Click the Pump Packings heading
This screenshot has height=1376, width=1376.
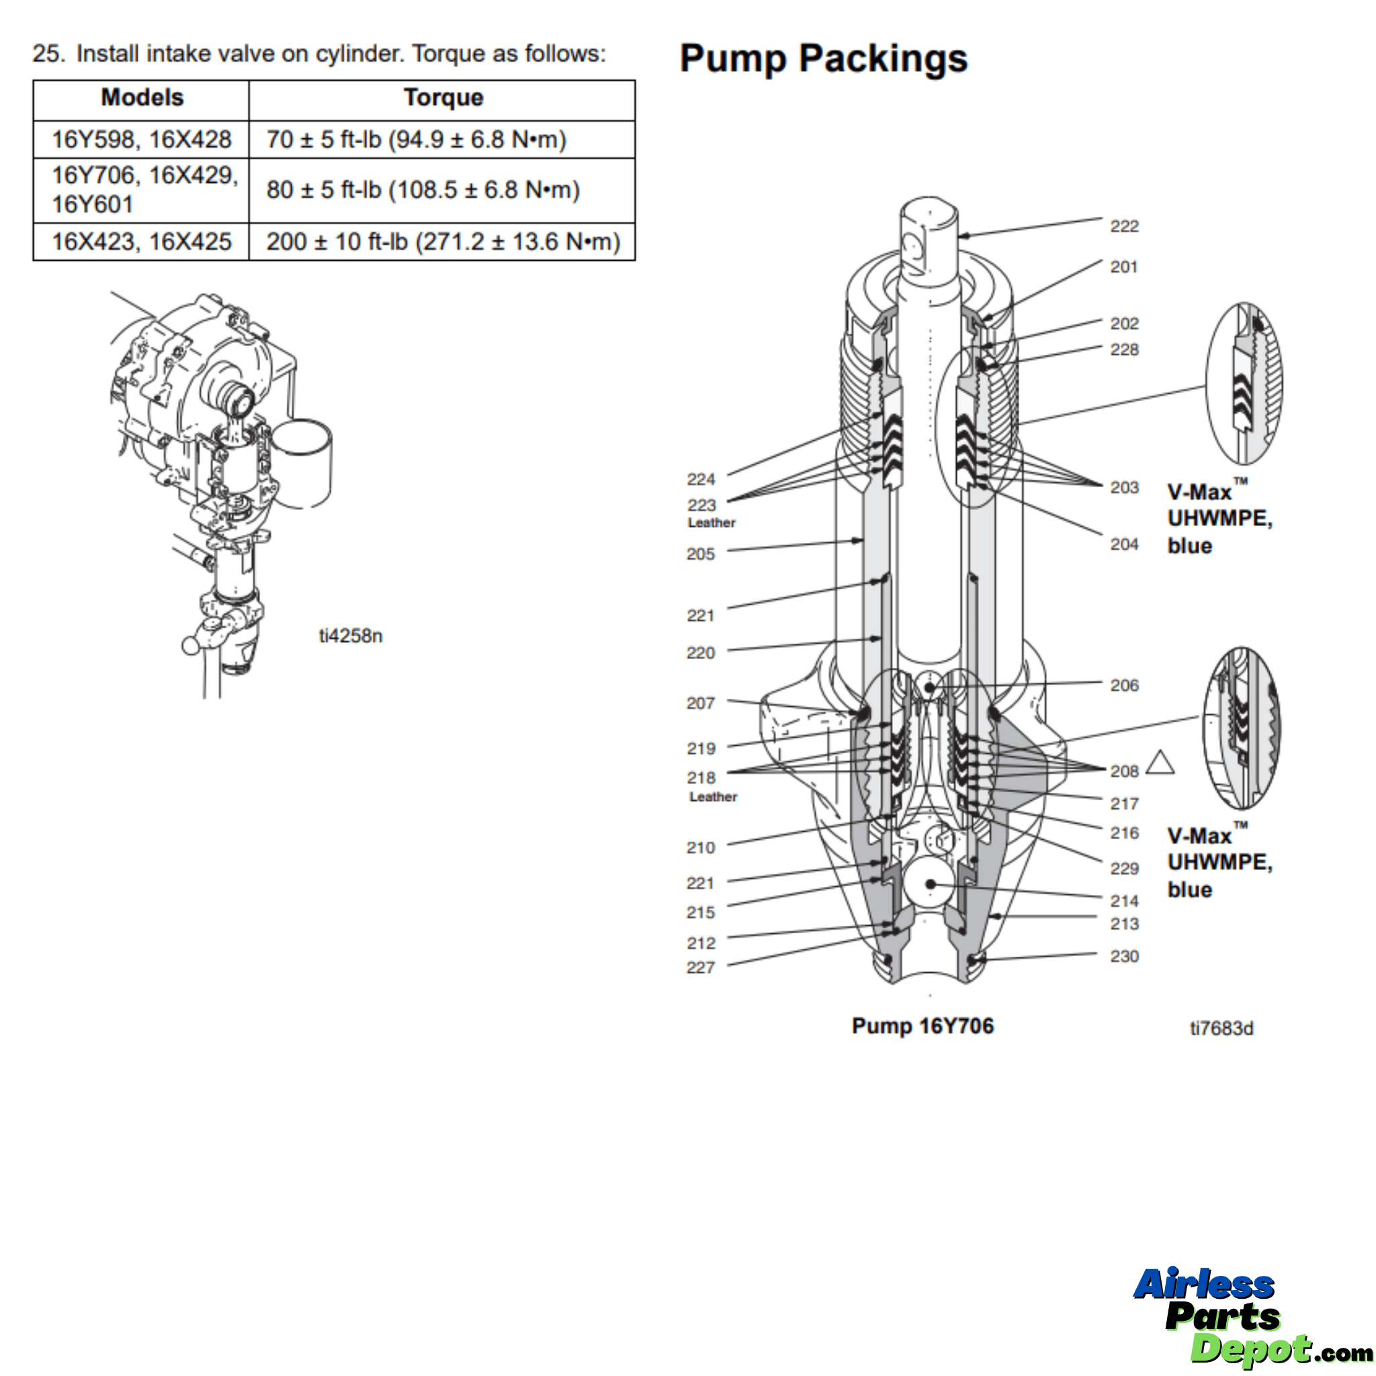823,58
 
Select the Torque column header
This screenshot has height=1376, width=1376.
443,97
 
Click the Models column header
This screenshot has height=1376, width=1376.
142,97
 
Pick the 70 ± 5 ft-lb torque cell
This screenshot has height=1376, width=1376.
416,140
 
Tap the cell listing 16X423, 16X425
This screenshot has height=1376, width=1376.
141,241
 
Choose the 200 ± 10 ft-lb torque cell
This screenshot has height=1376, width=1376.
443,241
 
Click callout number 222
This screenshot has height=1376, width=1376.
1124,226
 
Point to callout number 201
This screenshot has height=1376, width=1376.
1123,267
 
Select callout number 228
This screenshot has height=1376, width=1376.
1124,349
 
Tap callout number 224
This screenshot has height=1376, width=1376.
701,479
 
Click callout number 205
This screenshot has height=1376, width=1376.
700,554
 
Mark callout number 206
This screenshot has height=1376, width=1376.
1124,685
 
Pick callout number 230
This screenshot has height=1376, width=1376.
1124,957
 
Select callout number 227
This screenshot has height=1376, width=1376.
700,967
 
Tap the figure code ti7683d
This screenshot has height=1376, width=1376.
1221,1029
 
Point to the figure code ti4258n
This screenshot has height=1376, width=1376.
351,636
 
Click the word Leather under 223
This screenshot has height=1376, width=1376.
711,523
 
